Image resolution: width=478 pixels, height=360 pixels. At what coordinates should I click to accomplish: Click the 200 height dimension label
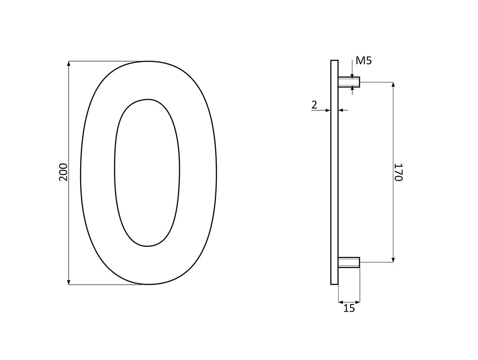click(63, 172)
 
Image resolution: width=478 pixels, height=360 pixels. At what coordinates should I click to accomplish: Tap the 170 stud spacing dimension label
click(398, 172)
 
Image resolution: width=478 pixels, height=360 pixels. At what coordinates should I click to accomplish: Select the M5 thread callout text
click(364, 61)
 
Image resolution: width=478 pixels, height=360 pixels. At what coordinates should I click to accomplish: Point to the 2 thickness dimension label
click(314, 105)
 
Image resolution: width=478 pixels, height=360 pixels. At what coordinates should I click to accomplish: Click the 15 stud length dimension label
click(349, 309)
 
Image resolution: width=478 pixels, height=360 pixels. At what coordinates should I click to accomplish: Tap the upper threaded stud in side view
click(349, 82)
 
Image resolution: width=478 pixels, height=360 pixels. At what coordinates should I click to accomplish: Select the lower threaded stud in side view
click(349, 263)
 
